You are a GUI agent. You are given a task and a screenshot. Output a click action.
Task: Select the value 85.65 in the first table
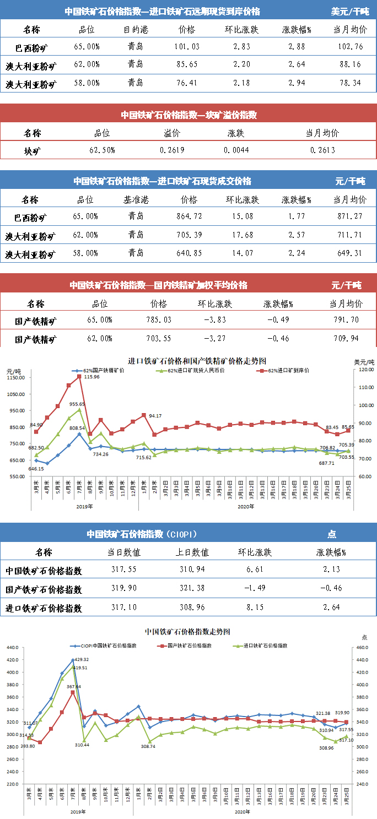tap(187, 65)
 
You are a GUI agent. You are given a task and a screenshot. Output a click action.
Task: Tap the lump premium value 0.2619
tap(173, 150)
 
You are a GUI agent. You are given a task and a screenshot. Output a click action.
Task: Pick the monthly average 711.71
tap(350, 235)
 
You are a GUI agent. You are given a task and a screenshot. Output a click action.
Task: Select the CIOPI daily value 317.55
tap(129, 569)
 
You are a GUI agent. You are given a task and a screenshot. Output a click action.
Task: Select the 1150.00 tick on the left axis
tap(15, 377)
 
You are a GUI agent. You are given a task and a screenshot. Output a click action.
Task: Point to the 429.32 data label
tap(80, 659)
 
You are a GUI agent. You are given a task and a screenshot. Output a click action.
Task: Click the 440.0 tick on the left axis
tap(13, 648)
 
